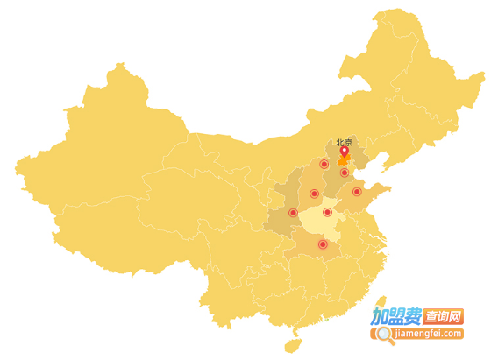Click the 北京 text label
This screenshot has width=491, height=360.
coord(344,143)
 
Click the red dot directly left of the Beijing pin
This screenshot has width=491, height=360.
coord(324,164)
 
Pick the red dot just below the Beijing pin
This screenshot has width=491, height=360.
coord(344,173)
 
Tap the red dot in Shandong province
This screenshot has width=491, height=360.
coord(357,192)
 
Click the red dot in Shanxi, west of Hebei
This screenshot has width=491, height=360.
coord(314,194)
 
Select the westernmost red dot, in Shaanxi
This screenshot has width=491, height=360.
coord(293,212)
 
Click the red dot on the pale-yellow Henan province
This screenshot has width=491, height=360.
coord(327,212)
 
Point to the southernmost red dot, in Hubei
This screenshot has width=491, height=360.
coord(323,244)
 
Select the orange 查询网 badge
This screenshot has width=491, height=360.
coord(444,315)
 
